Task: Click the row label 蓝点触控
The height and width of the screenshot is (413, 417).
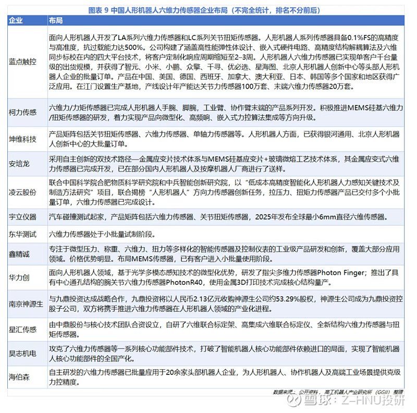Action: click(23, 62)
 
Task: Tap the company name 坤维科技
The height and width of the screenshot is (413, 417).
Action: click(23, 139)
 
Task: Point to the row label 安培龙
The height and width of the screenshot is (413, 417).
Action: click(19, 163)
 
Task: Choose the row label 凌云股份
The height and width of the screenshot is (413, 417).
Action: click(23, 191)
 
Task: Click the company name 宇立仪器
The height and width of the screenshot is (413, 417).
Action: click(23, 215)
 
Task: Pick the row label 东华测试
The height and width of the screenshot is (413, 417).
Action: click(23, 234)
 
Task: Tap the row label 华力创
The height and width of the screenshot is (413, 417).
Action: click(19, 276)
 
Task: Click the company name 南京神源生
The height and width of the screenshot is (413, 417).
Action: click(26, 304)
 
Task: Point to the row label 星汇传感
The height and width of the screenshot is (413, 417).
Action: click(23, 330)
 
